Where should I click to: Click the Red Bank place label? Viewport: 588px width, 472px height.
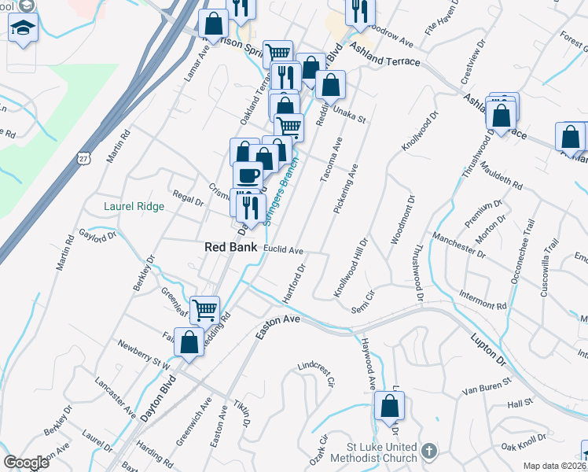230,246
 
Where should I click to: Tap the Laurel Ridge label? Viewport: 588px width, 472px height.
134,207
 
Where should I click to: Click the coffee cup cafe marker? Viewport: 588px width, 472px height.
248,175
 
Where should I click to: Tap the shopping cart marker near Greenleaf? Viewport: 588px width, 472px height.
204,309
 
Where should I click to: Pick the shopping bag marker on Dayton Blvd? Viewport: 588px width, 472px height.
189,342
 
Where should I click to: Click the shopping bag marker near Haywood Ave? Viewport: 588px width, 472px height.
389,406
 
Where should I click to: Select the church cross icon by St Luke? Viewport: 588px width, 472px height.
428,452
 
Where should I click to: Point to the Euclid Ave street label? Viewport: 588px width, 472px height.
283,250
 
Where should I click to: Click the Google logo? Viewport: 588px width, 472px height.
26,463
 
